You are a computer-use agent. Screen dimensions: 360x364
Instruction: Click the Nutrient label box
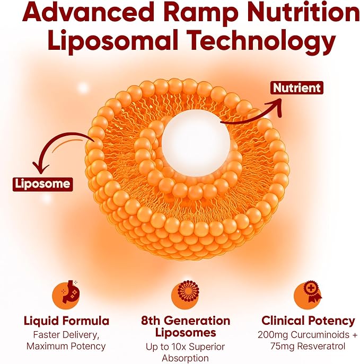point(297,88)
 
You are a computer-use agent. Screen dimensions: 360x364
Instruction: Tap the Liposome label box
point(42,184)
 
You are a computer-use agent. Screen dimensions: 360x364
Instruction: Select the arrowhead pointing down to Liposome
point(41,167)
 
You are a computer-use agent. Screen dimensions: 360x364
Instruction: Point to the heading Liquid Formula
point(66,321)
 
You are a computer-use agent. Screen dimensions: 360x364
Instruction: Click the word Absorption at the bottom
point(186,358)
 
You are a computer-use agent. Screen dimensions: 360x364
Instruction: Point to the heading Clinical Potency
point(308,321)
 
